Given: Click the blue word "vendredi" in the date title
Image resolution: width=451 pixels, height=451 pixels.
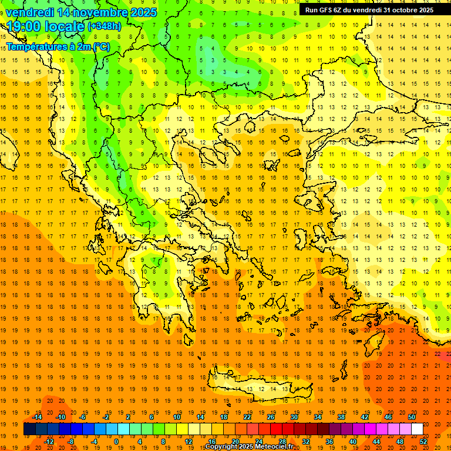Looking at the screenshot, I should [x=30, y=12].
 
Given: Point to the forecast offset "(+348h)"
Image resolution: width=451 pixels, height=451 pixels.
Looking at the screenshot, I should [x=104, y=27].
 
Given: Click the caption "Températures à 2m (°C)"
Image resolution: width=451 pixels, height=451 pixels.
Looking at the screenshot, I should [x=58, y=46].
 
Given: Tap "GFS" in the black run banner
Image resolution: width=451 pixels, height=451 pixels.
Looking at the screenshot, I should [x=328, y=10].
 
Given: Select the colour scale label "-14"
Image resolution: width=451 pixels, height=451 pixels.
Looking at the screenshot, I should [x=38, y=417].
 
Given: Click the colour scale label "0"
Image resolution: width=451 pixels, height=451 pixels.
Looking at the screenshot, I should [x=116, y=442].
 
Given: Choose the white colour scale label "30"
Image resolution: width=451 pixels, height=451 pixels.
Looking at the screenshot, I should [x=294, y=417].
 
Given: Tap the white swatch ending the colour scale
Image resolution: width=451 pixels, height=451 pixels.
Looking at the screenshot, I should [x=418, y=429].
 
